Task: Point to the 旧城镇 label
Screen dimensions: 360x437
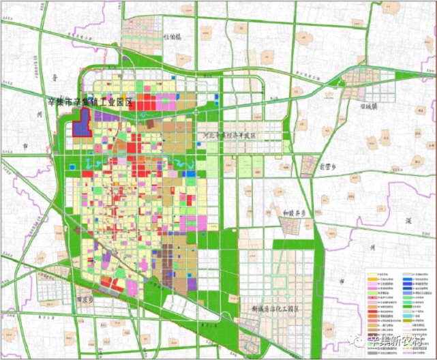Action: tap(365, 106)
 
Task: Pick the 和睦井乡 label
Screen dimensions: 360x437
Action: tap(295, 213)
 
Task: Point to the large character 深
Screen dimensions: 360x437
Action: tap(408, 221)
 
